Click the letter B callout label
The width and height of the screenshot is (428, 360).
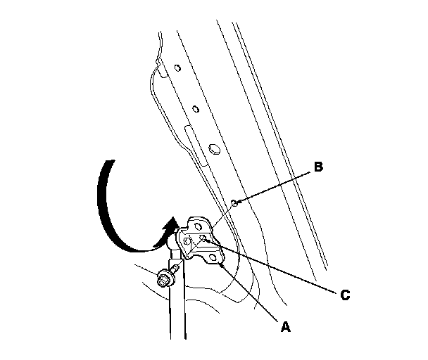[x=318, y=167]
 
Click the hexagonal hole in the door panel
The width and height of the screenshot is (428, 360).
[x=214, y=149]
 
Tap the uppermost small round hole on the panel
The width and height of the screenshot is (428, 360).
[x=177, y=68]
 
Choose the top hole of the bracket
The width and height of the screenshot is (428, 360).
[x=199, y=226]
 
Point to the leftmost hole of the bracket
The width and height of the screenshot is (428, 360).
[x=187, y=242]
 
